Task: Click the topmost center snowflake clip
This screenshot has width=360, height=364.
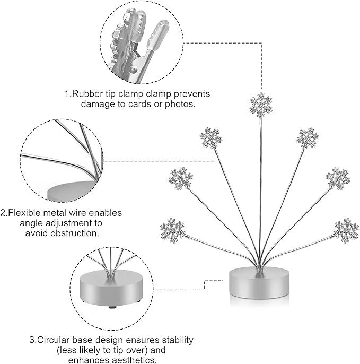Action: tap(261, 106)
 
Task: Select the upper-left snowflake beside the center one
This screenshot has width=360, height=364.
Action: tap(211, 138)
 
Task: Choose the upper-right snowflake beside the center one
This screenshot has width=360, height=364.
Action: tap(308, 138)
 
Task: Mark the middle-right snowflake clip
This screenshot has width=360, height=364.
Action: tap(337, 179)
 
